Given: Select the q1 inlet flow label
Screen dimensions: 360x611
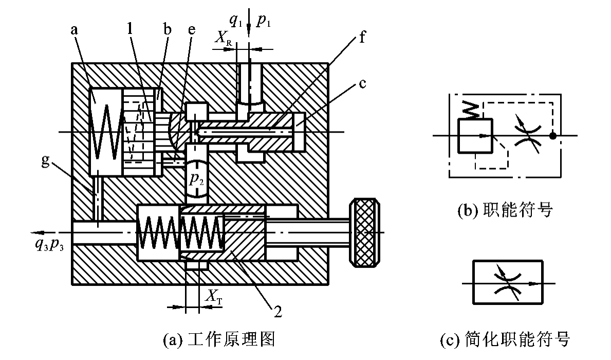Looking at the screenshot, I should (x=235, y=21).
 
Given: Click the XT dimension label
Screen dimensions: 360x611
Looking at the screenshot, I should (x=214, y=296).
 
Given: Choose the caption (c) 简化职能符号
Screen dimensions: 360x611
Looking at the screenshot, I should (x=505, y=340).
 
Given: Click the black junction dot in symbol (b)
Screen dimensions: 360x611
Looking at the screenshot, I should (x=552, y=136).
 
